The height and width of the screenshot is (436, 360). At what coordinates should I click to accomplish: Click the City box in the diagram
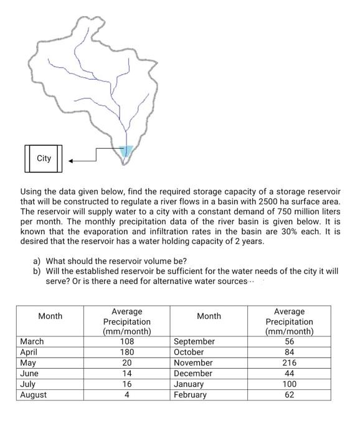[x=44, y=158]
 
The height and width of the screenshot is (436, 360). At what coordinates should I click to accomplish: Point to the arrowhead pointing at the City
[x=72, y=161]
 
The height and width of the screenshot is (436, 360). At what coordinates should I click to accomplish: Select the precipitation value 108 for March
[x=126, y=341]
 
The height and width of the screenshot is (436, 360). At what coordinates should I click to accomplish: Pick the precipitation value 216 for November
[x=289, y=363]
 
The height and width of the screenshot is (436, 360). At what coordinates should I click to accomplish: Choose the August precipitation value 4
[x=126, y=394]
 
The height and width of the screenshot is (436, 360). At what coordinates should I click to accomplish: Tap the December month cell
[x=193, y=373]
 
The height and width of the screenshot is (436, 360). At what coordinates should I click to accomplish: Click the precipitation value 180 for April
[x=126, y=352]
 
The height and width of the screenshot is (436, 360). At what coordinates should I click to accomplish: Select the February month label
[x=191, y=394]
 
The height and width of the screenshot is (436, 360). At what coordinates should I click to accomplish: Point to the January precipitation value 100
[x=289, y=384]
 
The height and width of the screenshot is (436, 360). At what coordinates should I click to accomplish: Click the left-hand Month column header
[x=50, y=316]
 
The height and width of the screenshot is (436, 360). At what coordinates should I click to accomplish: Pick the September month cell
[x=194, y=341]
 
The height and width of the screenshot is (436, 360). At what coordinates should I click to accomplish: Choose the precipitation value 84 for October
[x=289, y=352]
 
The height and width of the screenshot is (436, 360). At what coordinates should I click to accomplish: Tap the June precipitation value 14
[x=126, y=373]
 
